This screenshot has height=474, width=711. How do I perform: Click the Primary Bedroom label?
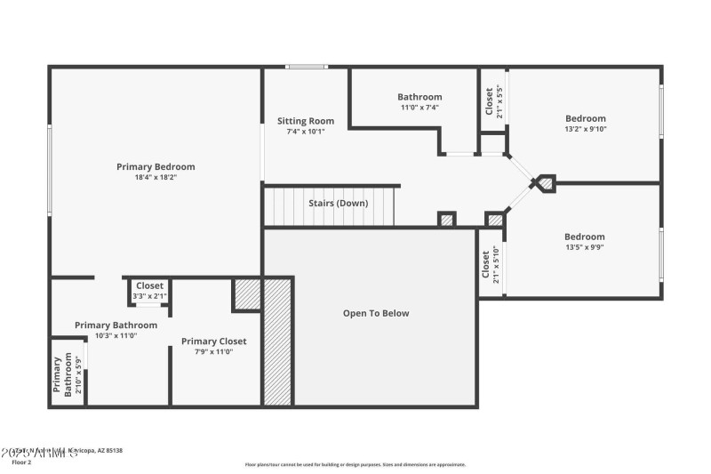pos(156,166)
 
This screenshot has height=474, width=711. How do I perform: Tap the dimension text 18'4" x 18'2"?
pos(156,177)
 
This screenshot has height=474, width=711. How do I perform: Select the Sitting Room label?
pos(305,121)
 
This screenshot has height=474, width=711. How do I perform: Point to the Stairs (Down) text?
pos(338,203)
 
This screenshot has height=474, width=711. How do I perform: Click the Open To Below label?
pos(376,313)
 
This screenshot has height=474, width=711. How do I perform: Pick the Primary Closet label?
pos(213,341)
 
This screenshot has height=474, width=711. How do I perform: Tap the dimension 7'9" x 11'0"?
pos(213,351)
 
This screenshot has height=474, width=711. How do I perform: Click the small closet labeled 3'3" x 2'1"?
pos(149,291)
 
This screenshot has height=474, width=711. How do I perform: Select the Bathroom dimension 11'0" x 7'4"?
pos(419,108)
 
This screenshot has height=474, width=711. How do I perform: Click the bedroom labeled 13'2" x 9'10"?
pos(585,124)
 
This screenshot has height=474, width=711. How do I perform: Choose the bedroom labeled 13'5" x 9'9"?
pos(584,242)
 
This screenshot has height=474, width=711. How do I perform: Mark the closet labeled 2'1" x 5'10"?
pos(491,264)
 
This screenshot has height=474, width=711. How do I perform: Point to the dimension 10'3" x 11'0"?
pos(116,335)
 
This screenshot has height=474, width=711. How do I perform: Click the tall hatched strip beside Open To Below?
pos(278,341)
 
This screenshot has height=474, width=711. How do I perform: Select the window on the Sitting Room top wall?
pos(306,67)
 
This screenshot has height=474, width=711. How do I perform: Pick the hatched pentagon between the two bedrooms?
pos(545,183)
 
